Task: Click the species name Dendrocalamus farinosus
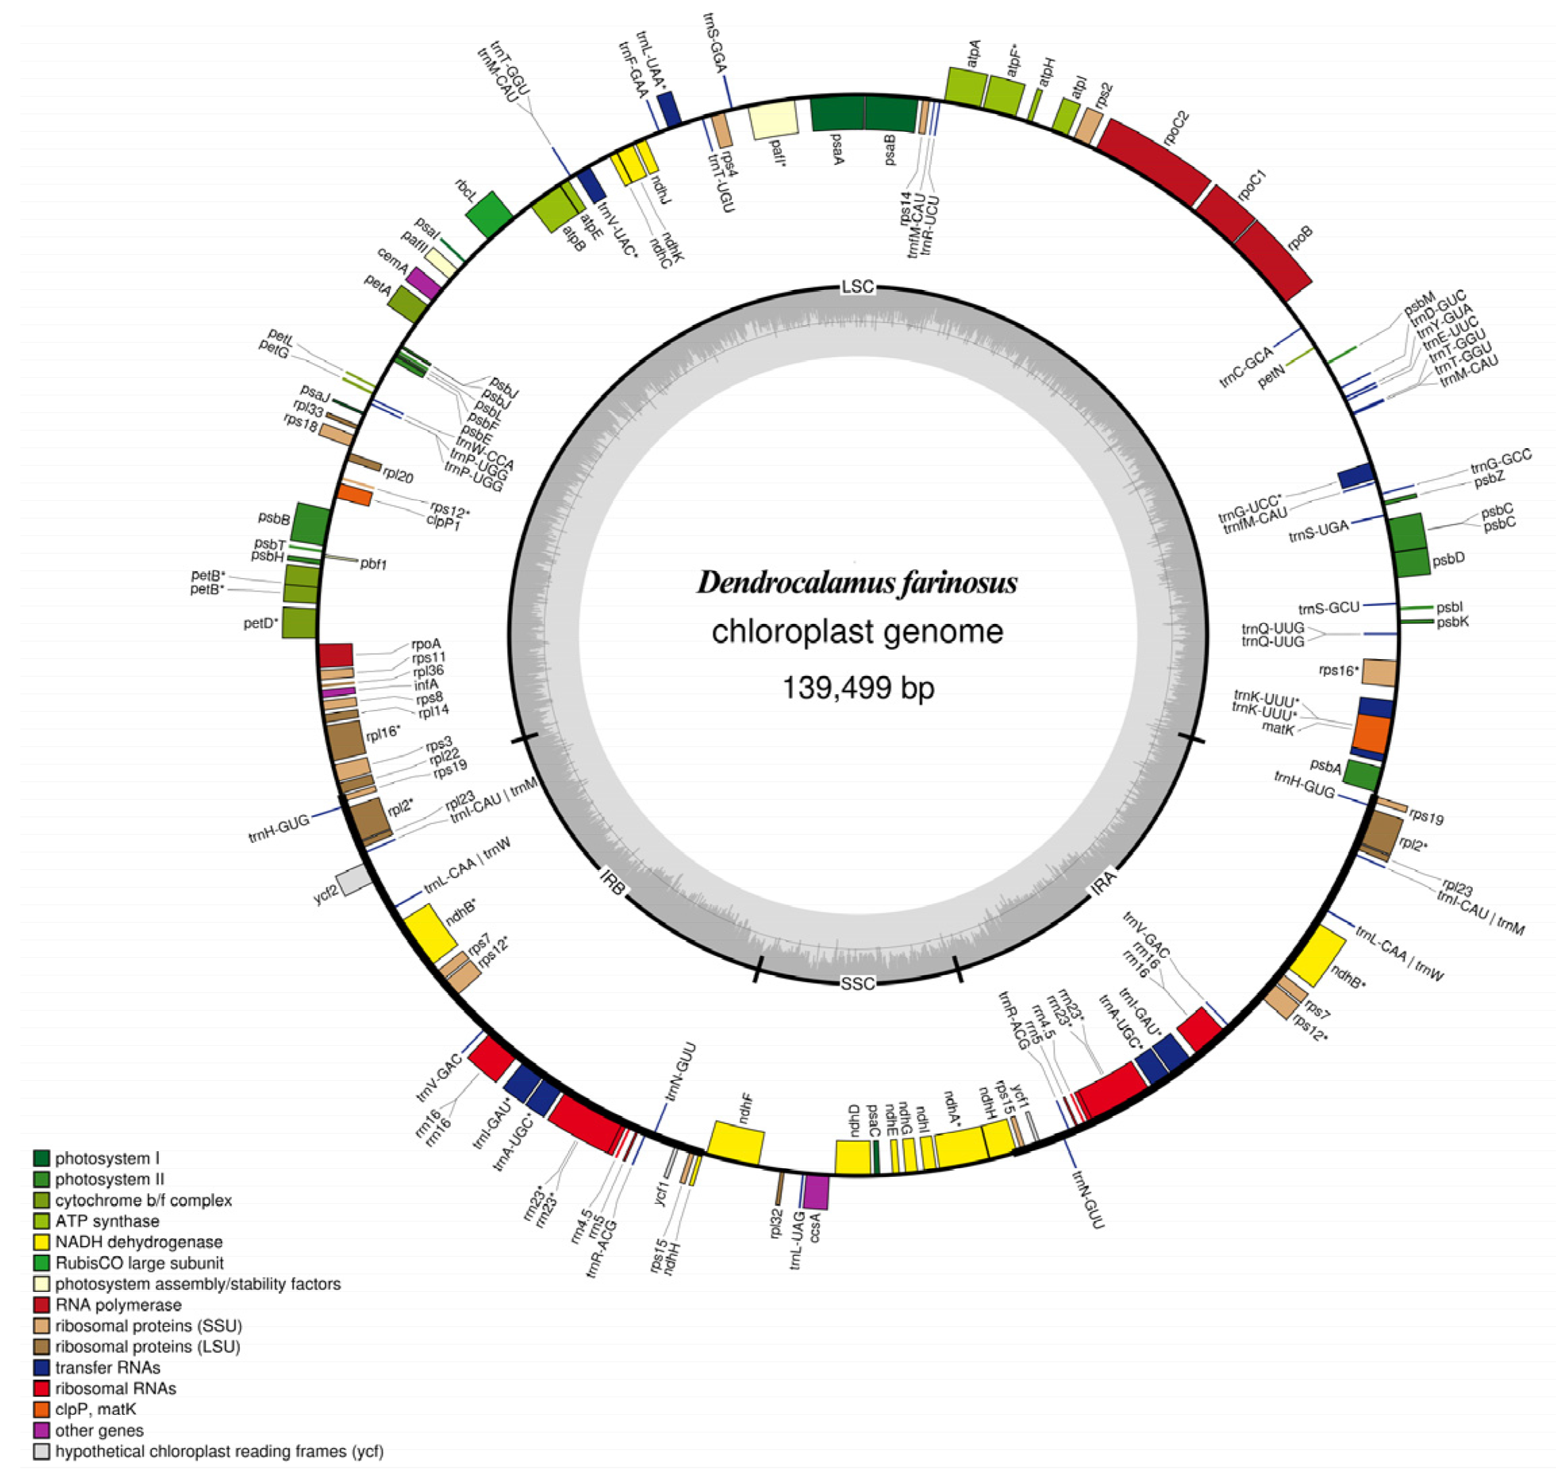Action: point(856,583)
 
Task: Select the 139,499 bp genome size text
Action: point(858,688)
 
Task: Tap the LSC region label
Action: point(857,287)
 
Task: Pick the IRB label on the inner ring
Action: point(612,883)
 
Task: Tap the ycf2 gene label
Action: point(326,894)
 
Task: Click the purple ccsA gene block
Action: point(816,1192)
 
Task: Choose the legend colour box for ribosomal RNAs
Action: point(42,1388)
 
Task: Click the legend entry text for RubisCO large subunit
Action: point(139,1263)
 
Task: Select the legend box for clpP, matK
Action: point(42,1409)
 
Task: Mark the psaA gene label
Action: point(837,149)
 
